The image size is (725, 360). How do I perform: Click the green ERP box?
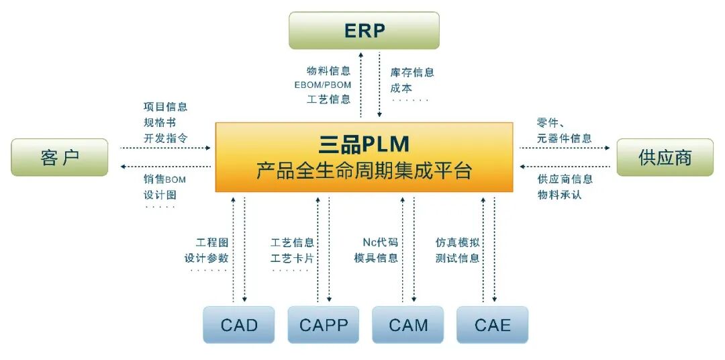tap(364, 30)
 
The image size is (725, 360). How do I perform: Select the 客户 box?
tap(60, 157)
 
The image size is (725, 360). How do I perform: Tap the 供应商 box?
tap(665, 157)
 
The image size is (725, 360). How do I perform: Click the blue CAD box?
tap(239, 325)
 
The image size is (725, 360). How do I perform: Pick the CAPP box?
tap(324, 325)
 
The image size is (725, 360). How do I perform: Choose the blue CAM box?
tap(408, 325)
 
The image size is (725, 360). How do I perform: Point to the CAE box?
tap(493, 325)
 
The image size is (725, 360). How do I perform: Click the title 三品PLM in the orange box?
tap(364, 144)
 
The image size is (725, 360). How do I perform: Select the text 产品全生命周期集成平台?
tap(364, 171)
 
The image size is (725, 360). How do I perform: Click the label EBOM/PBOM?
tap(322, 85)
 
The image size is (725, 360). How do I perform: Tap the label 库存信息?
tap(412, 73)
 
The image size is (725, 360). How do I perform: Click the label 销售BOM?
tap(164, 179)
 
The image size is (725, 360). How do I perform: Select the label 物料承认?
tap(559, 195)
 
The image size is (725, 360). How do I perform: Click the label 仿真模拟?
tap(457, 242)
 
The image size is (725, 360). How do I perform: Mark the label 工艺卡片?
tap(292, 258)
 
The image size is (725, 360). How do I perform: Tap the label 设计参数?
tap(207, 258)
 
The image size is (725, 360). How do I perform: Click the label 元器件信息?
tap(564, 138)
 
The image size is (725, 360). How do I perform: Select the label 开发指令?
tap(165, 138)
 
